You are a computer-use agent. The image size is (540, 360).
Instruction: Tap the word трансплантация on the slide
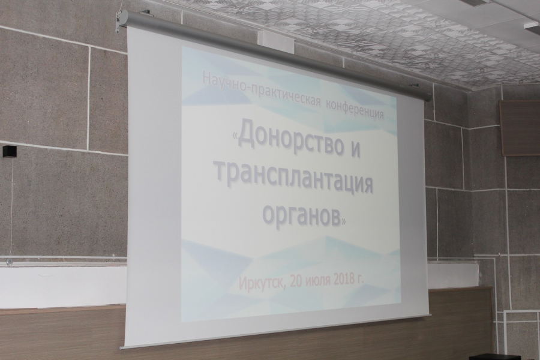point(296,180)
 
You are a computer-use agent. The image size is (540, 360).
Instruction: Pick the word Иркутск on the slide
point(262,284)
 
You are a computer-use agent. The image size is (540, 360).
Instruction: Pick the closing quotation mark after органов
point(343,222)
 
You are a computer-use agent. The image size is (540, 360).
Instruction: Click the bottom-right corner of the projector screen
point(431,315)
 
